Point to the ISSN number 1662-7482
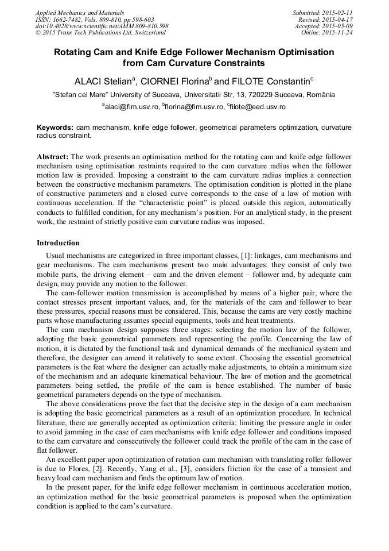[67, 19]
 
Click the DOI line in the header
[102, 26]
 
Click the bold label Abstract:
[53, 157]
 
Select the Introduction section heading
[58, 243]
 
